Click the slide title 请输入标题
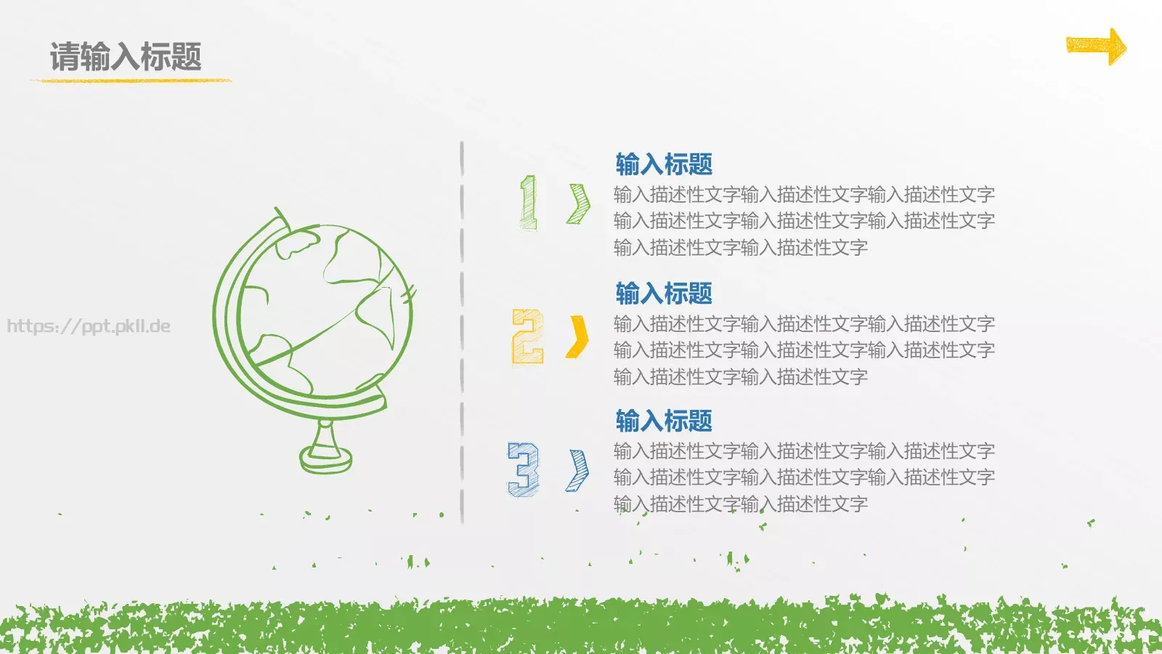click(x=126, y=57)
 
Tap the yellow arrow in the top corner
click(x=1096, y=47)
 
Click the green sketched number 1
click(x=529, y=203)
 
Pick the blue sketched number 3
click(x=524, y=469)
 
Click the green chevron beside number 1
click(x=579, y=203)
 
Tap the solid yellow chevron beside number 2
click(x=578, y=337)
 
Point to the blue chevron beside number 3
click(x=578, y=470)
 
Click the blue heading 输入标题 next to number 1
click(x=664, y=164)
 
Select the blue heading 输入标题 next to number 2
click(x=664, y=294)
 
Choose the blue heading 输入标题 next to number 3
click(x=664, y=421)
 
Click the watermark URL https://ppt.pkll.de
click(x=89, y=326)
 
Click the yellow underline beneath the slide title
click(x=131, y=80)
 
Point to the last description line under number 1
click(x=740, y=248)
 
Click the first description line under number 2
click(x=804, y=323)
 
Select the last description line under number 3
click(x=740, y=504)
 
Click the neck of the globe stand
click(x=325, y=434)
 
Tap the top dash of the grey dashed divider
click(x=462, y=158)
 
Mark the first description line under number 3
click(x=804, y=451)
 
